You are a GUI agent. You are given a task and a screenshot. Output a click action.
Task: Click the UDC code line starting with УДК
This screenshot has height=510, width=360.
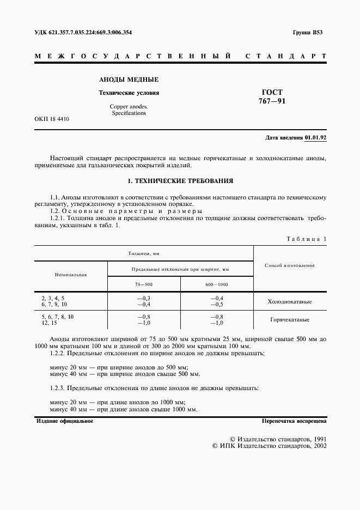pyautogui.click(x=83, y=33)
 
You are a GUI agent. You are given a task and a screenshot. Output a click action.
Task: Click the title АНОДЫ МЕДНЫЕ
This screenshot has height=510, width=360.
pyautogui.click(x=129, y=80)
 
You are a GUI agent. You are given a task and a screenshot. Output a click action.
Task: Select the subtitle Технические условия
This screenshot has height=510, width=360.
pyautogui.click(x=129, y=93)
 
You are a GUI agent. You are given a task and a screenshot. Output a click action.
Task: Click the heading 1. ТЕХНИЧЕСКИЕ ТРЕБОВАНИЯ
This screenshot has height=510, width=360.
pyautogui.click(x=180, y=180)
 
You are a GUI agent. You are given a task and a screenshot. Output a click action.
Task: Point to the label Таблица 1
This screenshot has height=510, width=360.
pyautogui.click(x=306, y=239)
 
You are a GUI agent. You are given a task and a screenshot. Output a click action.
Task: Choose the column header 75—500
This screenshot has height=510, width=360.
pyautogui.click(x=144, y=284)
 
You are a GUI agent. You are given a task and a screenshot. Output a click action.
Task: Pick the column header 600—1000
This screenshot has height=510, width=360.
pyautogui.click(x=217, y=284)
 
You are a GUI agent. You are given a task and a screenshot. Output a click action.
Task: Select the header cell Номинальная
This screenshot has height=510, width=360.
pyautogui.click(x=71, y=275)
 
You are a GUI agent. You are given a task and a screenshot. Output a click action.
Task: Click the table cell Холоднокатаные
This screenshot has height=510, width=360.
pyautogui.click(x=290, y=301)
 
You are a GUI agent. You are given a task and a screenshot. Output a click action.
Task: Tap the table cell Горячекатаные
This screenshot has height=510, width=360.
pyautogui.click(x=290, y=320)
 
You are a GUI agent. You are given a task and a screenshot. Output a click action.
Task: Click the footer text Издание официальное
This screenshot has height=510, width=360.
pyautogui.click(x=65, y=421)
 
